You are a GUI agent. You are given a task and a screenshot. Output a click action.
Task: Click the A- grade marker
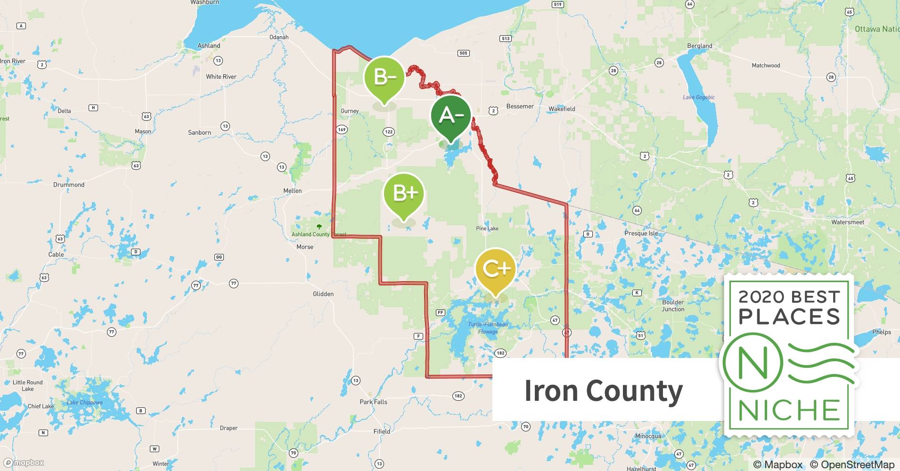tap(451, 115)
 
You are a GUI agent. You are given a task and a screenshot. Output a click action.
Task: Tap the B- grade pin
tap(385, 76)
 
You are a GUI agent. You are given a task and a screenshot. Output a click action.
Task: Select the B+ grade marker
tap(404, 193)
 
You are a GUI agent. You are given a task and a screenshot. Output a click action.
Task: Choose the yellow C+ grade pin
tap(496, 268)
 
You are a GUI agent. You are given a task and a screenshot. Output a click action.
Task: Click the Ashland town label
tap(208, 46)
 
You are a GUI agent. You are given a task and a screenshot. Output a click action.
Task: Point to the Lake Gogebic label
tap(699, 97)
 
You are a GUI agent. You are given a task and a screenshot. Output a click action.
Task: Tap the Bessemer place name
tap(520, 106)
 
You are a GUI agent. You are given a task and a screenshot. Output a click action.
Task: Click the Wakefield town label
tap(562, 109)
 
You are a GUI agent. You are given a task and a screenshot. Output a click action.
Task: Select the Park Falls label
tap(373, 402)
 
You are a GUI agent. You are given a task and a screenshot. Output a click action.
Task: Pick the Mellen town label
tap(292, 191)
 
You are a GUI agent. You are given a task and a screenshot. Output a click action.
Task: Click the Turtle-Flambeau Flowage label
tap(488, 328)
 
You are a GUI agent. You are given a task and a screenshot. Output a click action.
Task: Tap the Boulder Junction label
tap(673, 306)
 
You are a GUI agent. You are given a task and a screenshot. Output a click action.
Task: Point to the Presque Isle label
tap(641, 233)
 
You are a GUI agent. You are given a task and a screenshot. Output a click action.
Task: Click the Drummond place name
tap(69, 185)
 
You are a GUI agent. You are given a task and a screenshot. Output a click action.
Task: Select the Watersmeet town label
tap(848, 222)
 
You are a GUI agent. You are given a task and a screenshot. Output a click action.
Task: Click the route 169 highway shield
tap(342, 130)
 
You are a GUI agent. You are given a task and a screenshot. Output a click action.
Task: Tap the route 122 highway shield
tap(389, 132)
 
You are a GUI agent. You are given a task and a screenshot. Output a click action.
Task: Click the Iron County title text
tap(603, 391)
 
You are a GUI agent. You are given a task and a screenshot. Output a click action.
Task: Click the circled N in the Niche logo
tap(753, 363)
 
